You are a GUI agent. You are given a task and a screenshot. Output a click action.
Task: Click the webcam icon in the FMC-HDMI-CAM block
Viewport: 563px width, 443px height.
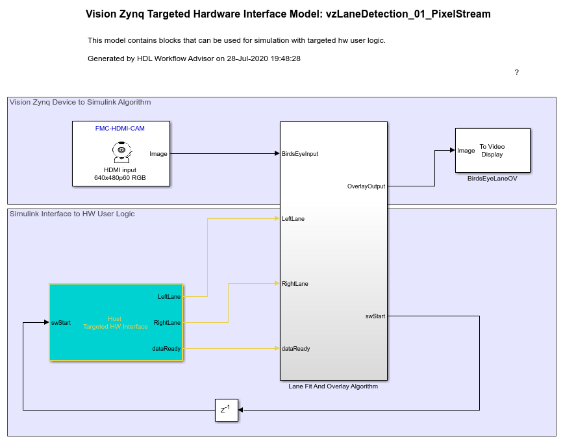pos(121,152)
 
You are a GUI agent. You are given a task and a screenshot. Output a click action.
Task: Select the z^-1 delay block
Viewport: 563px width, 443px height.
pos(227,410)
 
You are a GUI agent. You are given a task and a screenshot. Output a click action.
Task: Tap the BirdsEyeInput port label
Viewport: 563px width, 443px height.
pos(299,154)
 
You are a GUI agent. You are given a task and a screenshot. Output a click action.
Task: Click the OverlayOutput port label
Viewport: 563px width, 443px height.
pos(366,186)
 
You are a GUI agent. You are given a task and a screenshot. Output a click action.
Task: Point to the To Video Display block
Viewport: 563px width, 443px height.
pos(493,150)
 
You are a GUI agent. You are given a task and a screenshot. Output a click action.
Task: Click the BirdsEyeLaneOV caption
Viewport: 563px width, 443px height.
pos(492,178)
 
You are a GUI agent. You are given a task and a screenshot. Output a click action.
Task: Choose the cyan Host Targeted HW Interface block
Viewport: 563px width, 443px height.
pos(116,322)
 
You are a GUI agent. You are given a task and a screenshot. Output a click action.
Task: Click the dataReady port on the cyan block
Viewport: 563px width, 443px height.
pos(166,349)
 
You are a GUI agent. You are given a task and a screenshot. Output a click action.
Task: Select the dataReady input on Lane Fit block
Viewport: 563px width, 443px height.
pos(295,349)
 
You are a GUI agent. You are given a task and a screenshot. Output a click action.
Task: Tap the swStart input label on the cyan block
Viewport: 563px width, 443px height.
pos(61,323)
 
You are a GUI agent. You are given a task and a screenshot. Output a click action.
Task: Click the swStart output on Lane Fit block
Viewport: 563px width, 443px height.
pos(375,316)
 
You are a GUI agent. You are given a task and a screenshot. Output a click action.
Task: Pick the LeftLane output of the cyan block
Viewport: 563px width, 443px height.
pos(169,297)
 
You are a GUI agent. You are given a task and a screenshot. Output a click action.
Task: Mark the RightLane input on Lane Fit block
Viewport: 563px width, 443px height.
pos(295,284)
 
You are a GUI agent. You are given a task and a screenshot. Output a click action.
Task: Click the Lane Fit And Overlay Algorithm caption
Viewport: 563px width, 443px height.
pos(333,386)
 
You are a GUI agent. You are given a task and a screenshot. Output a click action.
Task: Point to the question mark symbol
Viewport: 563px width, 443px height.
pos(516,72)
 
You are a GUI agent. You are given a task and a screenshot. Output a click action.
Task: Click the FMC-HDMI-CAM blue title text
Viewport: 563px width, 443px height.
pos(120,129)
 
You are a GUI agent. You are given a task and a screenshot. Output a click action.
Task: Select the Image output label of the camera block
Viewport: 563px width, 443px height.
pos(158,154)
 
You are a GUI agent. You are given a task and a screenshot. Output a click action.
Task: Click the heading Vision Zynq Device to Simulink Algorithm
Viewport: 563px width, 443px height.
pos(80,103)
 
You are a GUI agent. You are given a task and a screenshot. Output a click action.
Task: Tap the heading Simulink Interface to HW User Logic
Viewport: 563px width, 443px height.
pos(72,214)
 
